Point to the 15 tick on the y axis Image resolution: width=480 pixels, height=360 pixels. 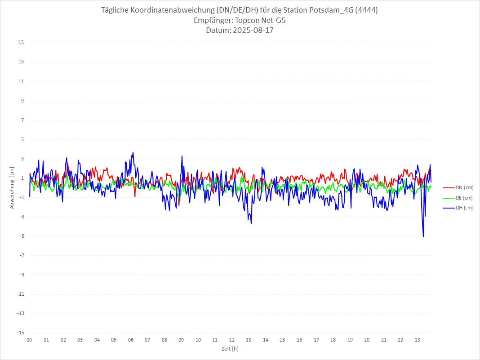(x=21, y=43)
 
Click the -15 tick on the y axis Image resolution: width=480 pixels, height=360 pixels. (x=20, y=333)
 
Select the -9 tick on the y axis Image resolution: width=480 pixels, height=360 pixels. (x=21, y=275)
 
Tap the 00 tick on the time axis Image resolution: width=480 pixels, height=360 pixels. (x=29, y=340)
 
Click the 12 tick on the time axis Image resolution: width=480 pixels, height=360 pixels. (x=232, y=340)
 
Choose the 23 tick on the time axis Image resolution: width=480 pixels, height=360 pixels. (x=418, y=340)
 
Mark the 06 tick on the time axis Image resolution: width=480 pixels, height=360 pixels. (x=130, y=340)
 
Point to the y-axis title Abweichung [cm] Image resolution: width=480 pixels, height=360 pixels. (x=12, y=188)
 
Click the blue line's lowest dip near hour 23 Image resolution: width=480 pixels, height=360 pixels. (x=423, y=237)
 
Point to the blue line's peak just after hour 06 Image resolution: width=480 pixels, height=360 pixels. (x=133, y=152)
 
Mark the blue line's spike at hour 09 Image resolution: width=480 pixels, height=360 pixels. (x=182, y=156)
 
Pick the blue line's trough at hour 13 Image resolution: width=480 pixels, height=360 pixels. (x=251, y=224)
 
